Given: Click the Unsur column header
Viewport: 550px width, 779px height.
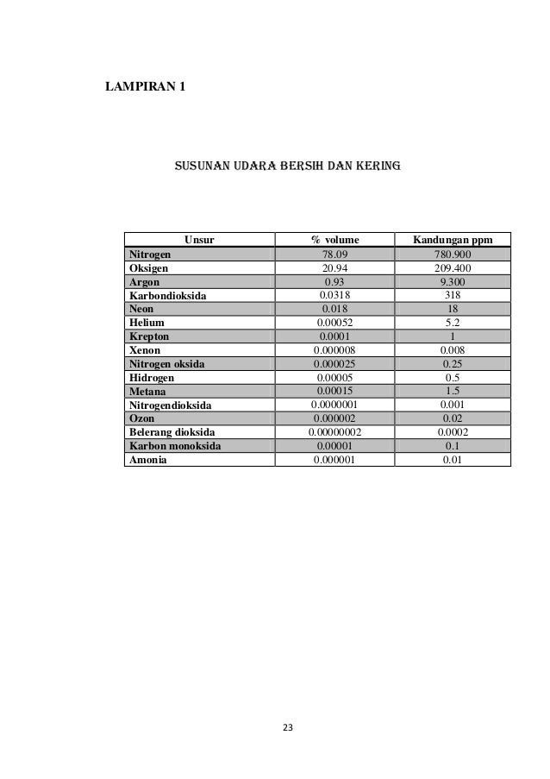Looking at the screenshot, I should (199, 240).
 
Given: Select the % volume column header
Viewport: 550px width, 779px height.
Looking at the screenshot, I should (334, 240).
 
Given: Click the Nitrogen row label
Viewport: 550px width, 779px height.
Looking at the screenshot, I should (150, 254).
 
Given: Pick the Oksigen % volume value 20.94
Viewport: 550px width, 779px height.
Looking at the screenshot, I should (334, 268).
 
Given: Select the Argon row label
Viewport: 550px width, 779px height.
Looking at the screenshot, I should (144, 281).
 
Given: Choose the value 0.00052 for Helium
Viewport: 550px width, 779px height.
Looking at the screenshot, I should (334, 322).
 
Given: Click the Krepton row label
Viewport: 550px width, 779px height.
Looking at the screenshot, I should (148, 336).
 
